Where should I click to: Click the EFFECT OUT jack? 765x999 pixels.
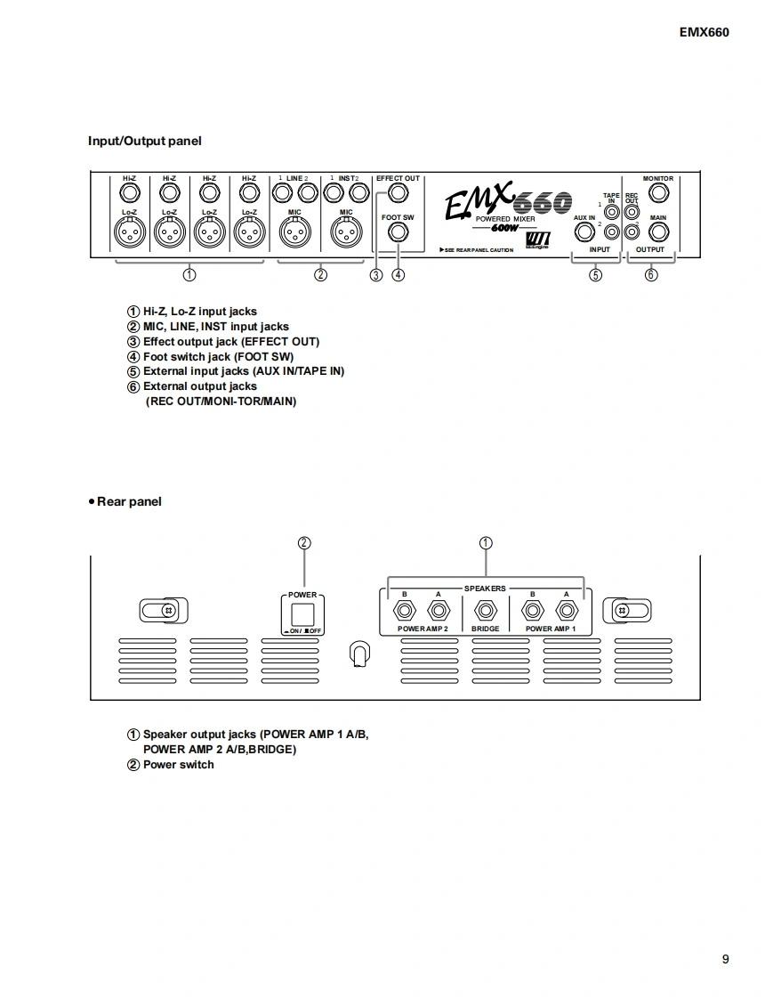pos(398,193)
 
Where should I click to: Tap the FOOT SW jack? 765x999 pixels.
pos(398,232)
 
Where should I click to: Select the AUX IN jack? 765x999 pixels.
pos(584,232)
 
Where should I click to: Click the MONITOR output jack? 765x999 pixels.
pos(658,193)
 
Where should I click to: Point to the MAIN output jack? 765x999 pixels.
pos(658,232)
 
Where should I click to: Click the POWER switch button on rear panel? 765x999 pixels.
pos(303,613)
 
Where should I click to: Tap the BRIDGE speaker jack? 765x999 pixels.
pos(486,612)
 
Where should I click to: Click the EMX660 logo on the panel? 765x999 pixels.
pos(507,203)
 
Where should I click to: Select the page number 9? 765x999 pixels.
pos(726,959)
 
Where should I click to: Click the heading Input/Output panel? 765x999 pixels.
pos(144,141)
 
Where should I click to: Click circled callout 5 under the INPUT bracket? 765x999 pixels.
pos(596,274)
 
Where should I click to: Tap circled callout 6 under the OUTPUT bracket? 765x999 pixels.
pos(651,274)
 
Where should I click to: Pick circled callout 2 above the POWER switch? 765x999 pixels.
pos(304,542)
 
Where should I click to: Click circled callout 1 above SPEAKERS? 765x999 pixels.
pos(486,542)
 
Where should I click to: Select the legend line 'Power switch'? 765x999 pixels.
pos(178,765)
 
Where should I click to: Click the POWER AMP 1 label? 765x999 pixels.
pos(551,629)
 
